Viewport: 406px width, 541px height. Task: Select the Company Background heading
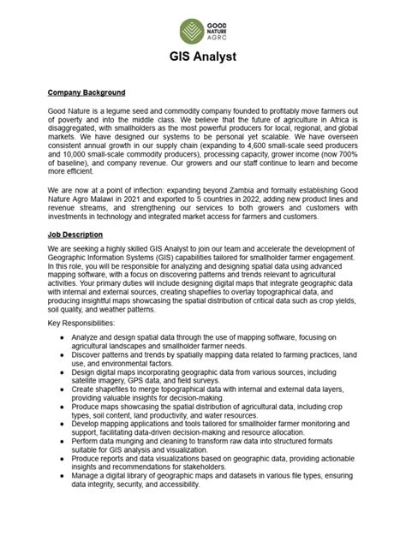87,92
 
